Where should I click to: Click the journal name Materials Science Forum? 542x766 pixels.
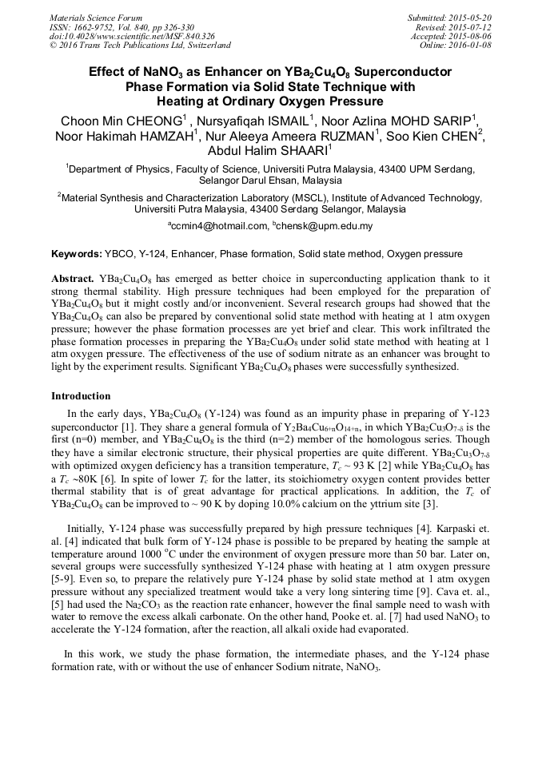96,18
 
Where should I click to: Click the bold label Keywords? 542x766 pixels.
76,254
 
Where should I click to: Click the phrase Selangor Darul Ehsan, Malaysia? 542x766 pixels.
270,181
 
